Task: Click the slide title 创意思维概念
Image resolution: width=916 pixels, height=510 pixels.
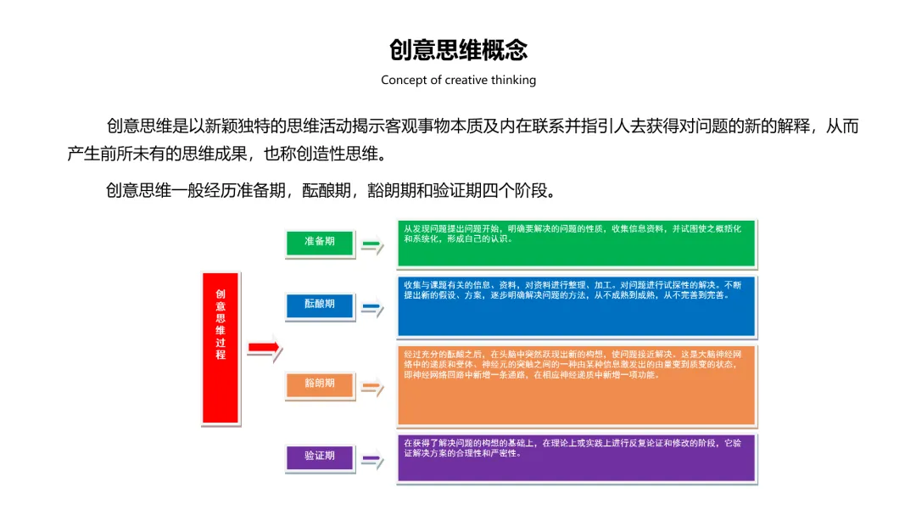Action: (x=458, y=49)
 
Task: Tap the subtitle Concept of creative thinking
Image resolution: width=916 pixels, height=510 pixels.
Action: (x=458, y=80)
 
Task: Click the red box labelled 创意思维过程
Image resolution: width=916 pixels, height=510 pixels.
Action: (x=221, y=348)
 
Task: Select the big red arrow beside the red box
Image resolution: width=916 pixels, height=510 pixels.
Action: (x=264, y=348)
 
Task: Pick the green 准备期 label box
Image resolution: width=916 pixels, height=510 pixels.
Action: (x=319, y=242)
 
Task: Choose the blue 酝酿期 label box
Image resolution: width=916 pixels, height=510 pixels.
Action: (x=319, y=304)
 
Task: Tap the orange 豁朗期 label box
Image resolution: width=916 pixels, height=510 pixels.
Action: (x=319, y=384)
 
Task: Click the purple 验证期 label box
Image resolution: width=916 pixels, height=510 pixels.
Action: (x=319, y=457)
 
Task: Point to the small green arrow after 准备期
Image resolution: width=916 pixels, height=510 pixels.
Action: (x=371, y=244)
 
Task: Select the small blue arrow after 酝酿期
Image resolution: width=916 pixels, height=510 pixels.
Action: (x=371, y=307)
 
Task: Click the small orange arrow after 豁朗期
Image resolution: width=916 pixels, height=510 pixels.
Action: (x=371, y=387)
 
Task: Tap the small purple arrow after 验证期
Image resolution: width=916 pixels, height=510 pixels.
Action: (x=371, y=460)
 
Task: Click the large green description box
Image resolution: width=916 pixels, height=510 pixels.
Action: (x=577, y=244)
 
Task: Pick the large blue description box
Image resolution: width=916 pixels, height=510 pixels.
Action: (x=577, y=306)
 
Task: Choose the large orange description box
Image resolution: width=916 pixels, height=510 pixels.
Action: (x=577, y=385)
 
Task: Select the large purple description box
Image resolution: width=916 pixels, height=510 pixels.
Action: (x=577, y=458)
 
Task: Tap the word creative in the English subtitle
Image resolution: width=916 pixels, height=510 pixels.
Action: (x=468, y=80)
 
